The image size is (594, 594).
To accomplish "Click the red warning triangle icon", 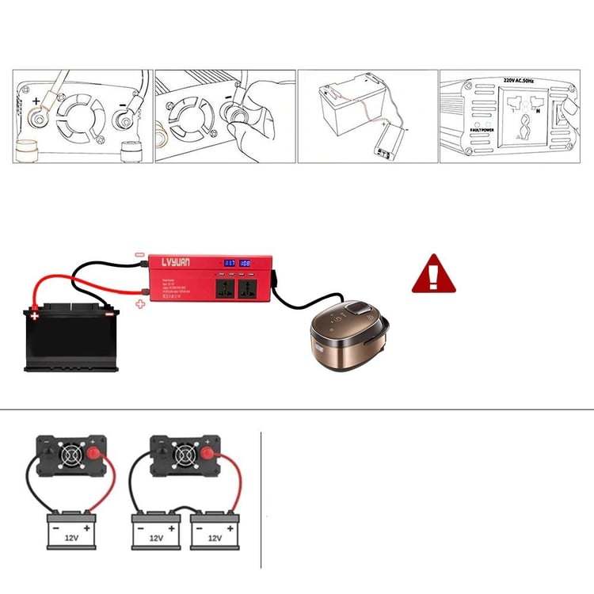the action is point(433,274).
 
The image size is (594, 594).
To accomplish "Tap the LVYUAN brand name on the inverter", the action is point(181,263).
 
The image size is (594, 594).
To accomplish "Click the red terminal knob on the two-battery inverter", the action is point(208,455).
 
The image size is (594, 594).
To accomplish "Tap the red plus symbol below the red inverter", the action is point(141,303).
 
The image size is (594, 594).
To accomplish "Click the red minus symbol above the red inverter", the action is point(139,254).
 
